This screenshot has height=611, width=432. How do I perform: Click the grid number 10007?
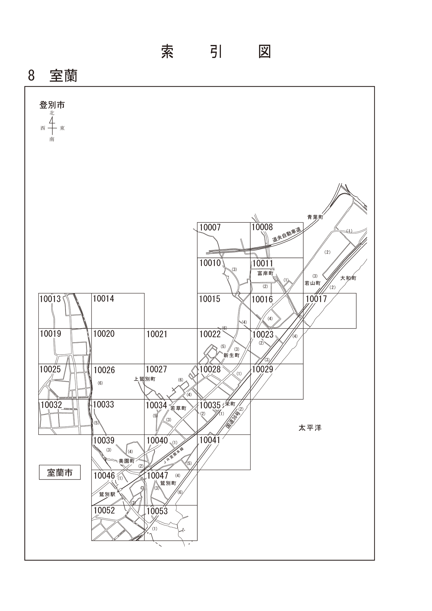(x=210, y=228)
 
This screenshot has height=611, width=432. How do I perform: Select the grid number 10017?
(x=316, y=299)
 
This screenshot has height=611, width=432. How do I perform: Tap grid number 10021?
(x=157, y=334)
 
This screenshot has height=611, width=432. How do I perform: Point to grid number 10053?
(x=157, y=511)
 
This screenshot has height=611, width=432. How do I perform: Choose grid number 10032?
(x=51, y=405)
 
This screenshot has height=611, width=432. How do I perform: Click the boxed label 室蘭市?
(x=60, y=473)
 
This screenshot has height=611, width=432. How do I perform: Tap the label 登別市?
(x=52, y=105)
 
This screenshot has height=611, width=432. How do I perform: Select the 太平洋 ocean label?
(x=310, y=428)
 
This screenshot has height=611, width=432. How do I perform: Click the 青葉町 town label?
(x=315, y=217)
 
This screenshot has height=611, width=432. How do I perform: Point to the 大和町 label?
(x=348, y=278)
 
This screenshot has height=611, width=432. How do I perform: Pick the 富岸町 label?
(x=266, y=273)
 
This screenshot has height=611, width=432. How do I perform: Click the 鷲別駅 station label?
(x=107, y=494)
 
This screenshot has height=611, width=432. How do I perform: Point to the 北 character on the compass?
(x=52, y=113)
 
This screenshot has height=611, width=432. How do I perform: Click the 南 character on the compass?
(x=52, y=139)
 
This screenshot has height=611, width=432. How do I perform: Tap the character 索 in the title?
(x=167, y=52)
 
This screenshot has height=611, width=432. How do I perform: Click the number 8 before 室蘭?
(x=31, y=75)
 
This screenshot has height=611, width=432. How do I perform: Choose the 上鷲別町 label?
(x=145, y=379)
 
